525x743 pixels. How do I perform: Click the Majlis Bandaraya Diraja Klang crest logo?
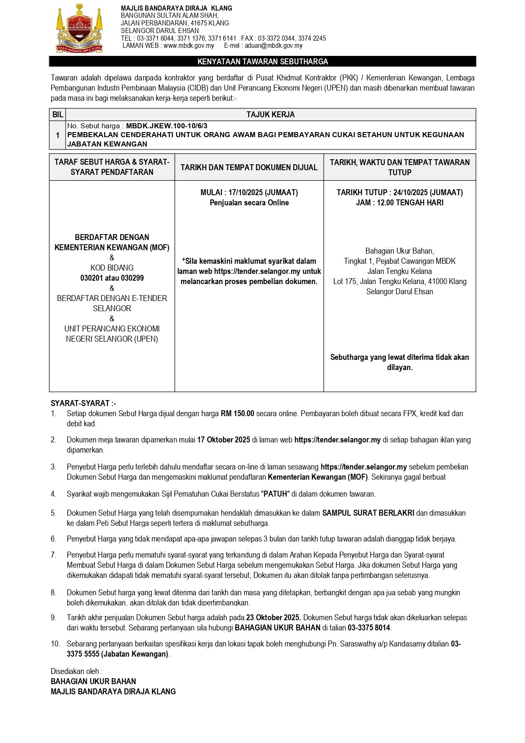(x=80, y=29)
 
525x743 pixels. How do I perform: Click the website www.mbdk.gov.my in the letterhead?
(x=189, y=46)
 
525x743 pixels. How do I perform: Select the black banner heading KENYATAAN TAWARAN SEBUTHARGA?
(x=262, y=62)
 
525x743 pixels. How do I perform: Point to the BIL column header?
(x=58, y=115)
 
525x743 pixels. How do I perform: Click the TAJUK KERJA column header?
(x=271, y=115)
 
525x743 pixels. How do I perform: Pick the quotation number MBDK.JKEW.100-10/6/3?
(x=167, y=126)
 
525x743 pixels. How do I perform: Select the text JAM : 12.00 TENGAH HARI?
(x=400, y=203)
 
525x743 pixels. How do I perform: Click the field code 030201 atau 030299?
(x=112, y=278)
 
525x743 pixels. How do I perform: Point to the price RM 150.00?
(x=237, y=414)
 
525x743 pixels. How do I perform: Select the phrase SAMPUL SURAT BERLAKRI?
(x=368, y=513)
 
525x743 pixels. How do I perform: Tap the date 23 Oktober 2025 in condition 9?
(x=273, y=618)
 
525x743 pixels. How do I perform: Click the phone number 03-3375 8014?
(x=369, y=628)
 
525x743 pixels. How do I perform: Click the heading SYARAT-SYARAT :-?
(x=83, y=403)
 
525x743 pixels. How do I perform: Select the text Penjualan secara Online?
(x=249, y=203)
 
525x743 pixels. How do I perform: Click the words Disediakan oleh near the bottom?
(x=77, y=671)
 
